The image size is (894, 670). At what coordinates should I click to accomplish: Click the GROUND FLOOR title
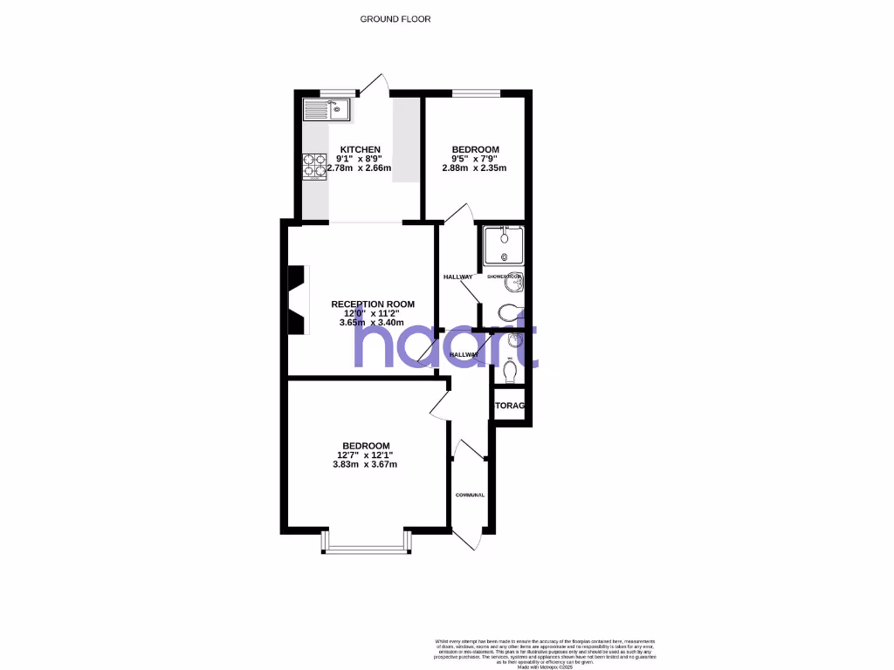click(x=395, y=18)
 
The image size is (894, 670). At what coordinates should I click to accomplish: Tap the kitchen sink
click(x=326, y=109)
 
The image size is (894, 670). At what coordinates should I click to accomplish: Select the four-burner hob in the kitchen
click(x=314, y=166)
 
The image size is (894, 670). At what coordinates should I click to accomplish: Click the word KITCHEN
click(x=360, y=150)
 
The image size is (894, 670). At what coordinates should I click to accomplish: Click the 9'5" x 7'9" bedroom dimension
click(x=476, y=159)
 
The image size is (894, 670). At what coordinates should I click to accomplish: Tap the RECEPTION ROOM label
click(x=373, y=304)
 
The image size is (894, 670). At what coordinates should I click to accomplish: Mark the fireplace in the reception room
click(x=297, y=300)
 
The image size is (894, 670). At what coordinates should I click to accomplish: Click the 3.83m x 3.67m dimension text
click(x=365, y=464)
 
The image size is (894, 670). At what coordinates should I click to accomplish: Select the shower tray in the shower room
click(x=503, y=245)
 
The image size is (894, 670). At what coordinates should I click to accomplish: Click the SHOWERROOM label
click(x=504, y=277)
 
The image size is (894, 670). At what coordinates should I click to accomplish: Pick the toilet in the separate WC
click(x=512, y=372)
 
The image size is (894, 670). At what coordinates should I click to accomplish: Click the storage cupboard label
click(x=510, y=406)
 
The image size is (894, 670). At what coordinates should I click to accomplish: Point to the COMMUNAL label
click(x=470, y=495)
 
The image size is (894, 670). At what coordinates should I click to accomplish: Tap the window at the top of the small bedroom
click(x=476, y=92)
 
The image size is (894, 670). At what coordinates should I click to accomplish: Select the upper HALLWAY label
click(x=458, y=277)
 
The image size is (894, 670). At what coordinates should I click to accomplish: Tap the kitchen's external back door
click(x=375, y=85)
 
